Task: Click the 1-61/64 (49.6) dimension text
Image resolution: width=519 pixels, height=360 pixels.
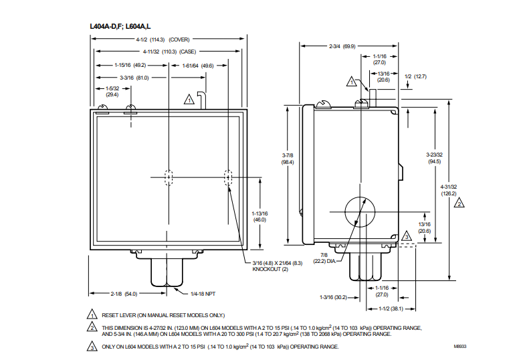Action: click(198, 66)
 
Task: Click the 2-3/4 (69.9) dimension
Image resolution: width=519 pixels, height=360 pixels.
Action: click(342, 46)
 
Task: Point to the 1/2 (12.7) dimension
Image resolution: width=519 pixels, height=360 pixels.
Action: click(415, 76)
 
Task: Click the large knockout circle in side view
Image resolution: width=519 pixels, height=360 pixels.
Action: click(362, 213)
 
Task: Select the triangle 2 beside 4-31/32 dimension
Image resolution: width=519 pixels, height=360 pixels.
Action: click(459, 203)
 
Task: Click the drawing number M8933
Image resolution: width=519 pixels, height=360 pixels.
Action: click(461, 347)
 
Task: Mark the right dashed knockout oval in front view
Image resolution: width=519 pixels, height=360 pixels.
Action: click(228, 177)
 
